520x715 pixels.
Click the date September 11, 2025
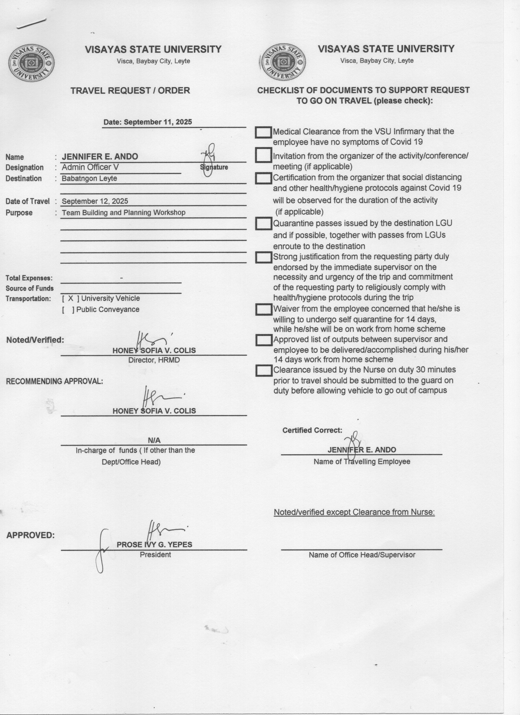coord(147,122)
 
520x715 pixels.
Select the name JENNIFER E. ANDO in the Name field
coord(100,157)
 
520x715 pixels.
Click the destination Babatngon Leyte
coord(89,178)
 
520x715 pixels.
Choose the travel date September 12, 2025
coord(95,201)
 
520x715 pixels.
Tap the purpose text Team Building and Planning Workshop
coord(123,212)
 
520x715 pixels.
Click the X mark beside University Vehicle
coord(71,298)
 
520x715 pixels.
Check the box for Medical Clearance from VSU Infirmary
coord(263,132)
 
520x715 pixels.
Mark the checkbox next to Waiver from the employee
coord(263,309)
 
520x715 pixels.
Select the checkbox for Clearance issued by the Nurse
coord(263,370)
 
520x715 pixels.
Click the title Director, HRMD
coord(154,360)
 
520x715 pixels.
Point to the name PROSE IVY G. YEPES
coord(154,544)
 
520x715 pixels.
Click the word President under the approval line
coord(155,554)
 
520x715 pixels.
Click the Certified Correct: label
coord(312,430)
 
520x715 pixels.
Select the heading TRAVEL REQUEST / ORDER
coord(130,90)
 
